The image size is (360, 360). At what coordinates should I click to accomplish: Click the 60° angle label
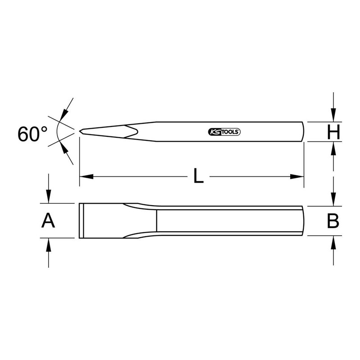(x=32, y=134)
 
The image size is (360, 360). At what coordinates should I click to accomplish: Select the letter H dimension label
(x=333, y=132)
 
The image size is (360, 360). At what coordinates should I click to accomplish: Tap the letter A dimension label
(x=48, y=220)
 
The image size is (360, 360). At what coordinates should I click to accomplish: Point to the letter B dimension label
(x=333, y=221)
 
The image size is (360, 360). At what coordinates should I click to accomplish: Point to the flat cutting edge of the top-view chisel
(x=80, y=220)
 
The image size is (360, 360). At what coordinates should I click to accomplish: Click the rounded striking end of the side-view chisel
(x=303, y=131)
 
